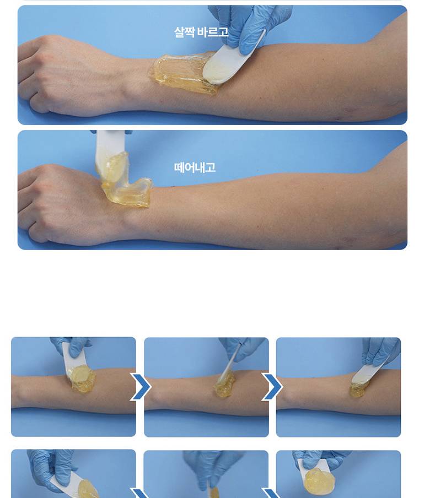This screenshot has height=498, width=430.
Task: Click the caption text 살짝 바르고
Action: (x=201, y=32)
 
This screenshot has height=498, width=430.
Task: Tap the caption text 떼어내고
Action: (x=195, y=167)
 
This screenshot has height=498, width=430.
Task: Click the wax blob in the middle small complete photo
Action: (x=224, y=386)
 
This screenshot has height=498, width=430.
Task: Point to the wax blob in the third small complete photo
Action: (x=358, y=389)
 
